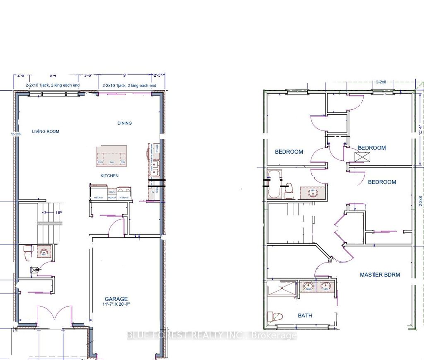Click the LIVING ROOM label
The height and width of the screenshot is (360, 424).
click(x=46, y=131)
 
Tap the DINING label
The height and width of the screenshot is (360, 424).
click(x=124, y=123)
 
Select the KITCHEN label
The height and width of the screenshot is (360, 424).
click(x=109, y=176)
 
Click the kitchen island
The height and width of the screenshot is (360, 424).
click(x=112, y=156)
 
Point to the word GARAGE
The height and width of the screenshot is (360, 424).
click(x=116, y=299)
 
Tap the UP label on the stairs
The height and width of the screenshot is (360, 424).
click(x=59, y=213)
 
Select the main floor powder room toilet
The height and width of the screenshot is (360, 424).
click(x=28, y=251)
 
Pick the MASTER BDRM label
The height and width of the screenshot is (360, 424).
click(x=380, y=275)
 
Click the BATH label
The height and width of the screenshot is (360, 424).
click(x=305, y=316)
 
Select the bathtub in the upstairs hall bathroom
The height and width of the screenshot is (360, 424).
click(x=274, y=184)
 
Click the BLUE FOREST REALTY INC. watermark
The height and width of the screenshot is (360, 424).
click(x=212, y=336)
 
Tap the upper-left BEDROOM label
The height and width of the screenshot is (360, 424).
click(x=289, y=152)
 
